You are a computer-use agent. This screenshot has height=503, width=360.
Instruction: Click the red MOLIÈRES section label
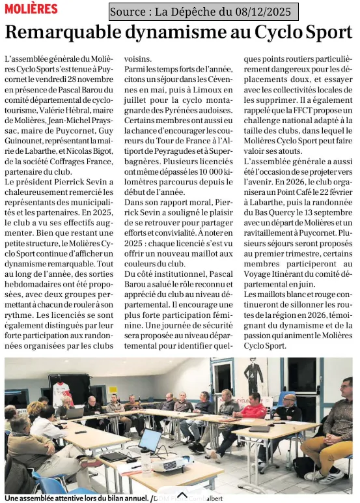[x=31, y=8]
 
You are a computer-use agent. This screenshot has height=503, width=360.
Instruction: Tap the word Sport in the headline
[x=323, y=32]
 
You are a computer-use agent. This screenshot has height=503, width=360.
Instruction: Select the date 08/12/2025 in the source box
[x=264, y=12]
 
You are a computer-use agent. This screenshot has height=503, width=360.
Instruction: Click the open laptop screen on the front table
[x=150, y=440]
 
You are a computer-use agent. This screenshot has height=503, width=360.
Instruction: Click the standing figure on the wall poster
[x=253, y=376]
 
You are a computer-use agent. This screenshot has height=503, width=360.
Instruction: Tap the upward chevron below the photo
[x=182, y=496]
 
